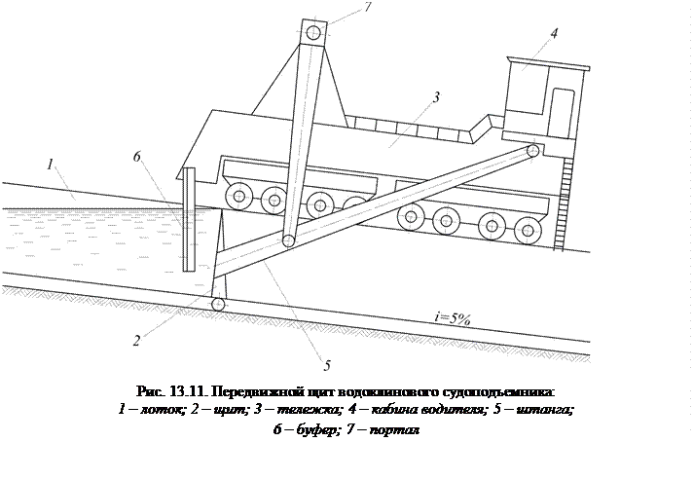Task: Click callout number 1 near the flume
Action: (49, 165)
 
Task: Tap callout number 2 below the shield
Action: (138, 340)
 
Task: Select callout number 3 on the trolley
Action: (436, 97)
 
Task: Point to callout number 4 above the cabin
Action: (553, 33)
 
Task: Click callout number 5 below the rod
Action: (328, 365)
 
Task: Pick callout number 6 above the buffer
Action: (137, 157)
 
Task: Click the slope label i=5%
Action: (454, 318)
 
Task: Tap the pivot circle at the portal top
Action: (312, 32)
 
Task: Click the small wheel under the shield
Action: (218, 305)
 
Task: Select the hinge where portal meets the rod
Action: (288, 240)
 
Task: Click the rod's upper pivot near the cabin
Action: (532, 151)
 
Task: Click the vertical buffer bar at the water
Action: (190, 219)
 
